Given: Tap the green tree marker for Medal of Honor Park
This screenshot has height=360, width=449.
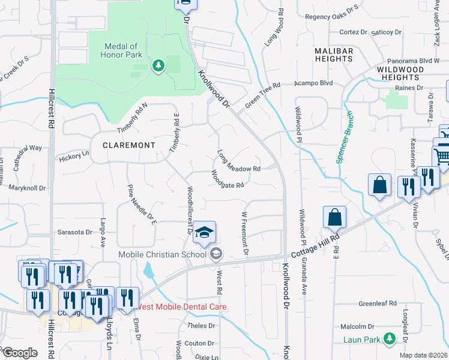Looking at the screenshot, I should [x=158, y=65].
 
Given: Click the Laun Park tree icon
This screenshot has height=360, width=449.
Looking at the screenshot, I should [x=390, y=340].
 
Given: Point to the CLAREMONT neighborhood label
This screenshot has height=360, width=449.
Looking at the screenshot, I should [x=128, y=145].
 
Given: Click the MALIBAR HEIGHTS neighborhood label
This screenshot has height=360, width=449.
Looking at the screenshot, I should [x=333, y=55].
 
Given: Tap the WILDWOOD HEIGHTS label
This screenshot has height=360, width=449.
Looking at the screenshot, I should [x=399, y=74].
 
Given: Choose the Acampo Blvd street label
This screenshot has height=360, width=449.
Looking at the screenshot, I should [x=317, y=83].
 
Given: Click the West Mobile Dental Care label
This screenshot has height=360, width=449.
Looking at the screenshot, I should [x=181, y=307].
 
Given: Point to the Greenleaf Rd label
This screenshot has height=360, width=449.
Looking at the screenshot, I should [x=378, y=304].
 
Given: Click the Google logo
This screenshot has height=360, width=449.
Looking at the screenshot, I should [x=19, y=353].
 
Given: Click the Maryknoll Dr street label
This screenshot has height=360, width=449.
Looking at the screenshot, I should [x=27, y=188].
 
